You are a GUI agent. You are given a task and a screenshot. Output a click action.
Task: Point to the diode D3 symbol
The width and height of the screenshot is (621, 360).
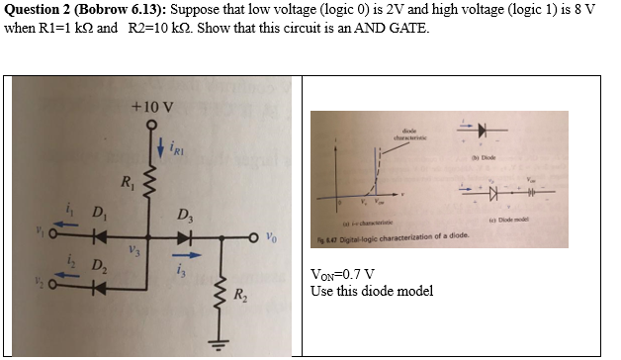pyautogui.click(x=186, y=237)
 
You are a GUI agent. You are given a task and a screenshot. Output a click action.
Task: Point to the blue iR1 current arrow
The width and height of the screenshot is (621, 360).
pyautogui.click(x=161, y=148)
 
